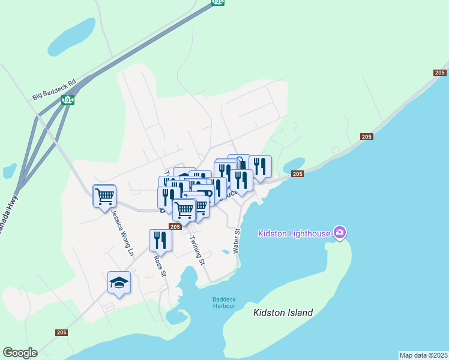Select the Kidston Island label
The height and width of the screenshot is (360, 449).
pos(283,313)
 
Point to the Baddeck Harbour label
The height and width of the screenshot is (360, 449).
pos(224,302)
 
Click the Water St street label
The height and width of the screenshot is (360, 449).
pos(237,239)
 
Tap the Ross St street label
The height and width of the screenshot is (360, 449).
pos(159,266)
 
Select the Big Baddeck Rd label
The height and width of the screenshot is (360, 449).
pos(55,88)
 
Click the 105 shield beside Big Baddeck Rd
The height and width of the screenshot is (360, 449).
pos(67,100)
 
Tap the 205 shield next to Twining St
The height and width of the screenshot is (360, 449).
pos(175,227)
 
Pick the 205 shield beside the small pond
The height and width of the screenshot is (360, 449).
pos(297,174)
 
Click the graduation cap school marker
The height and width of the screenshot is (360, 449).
pos(119,282)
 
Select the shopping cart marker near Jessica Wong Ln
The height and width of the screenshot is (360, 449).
pos(104,196)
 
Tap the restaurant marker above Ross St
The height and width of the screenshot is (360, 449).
pos(160,239)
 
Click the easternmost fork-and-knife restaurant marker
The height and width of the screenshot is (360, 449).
pos(260,166)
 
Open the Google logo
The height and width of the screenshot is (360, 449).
pos(20,353)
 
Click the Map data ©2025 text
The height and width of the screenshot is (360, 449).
pos(423,355)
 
